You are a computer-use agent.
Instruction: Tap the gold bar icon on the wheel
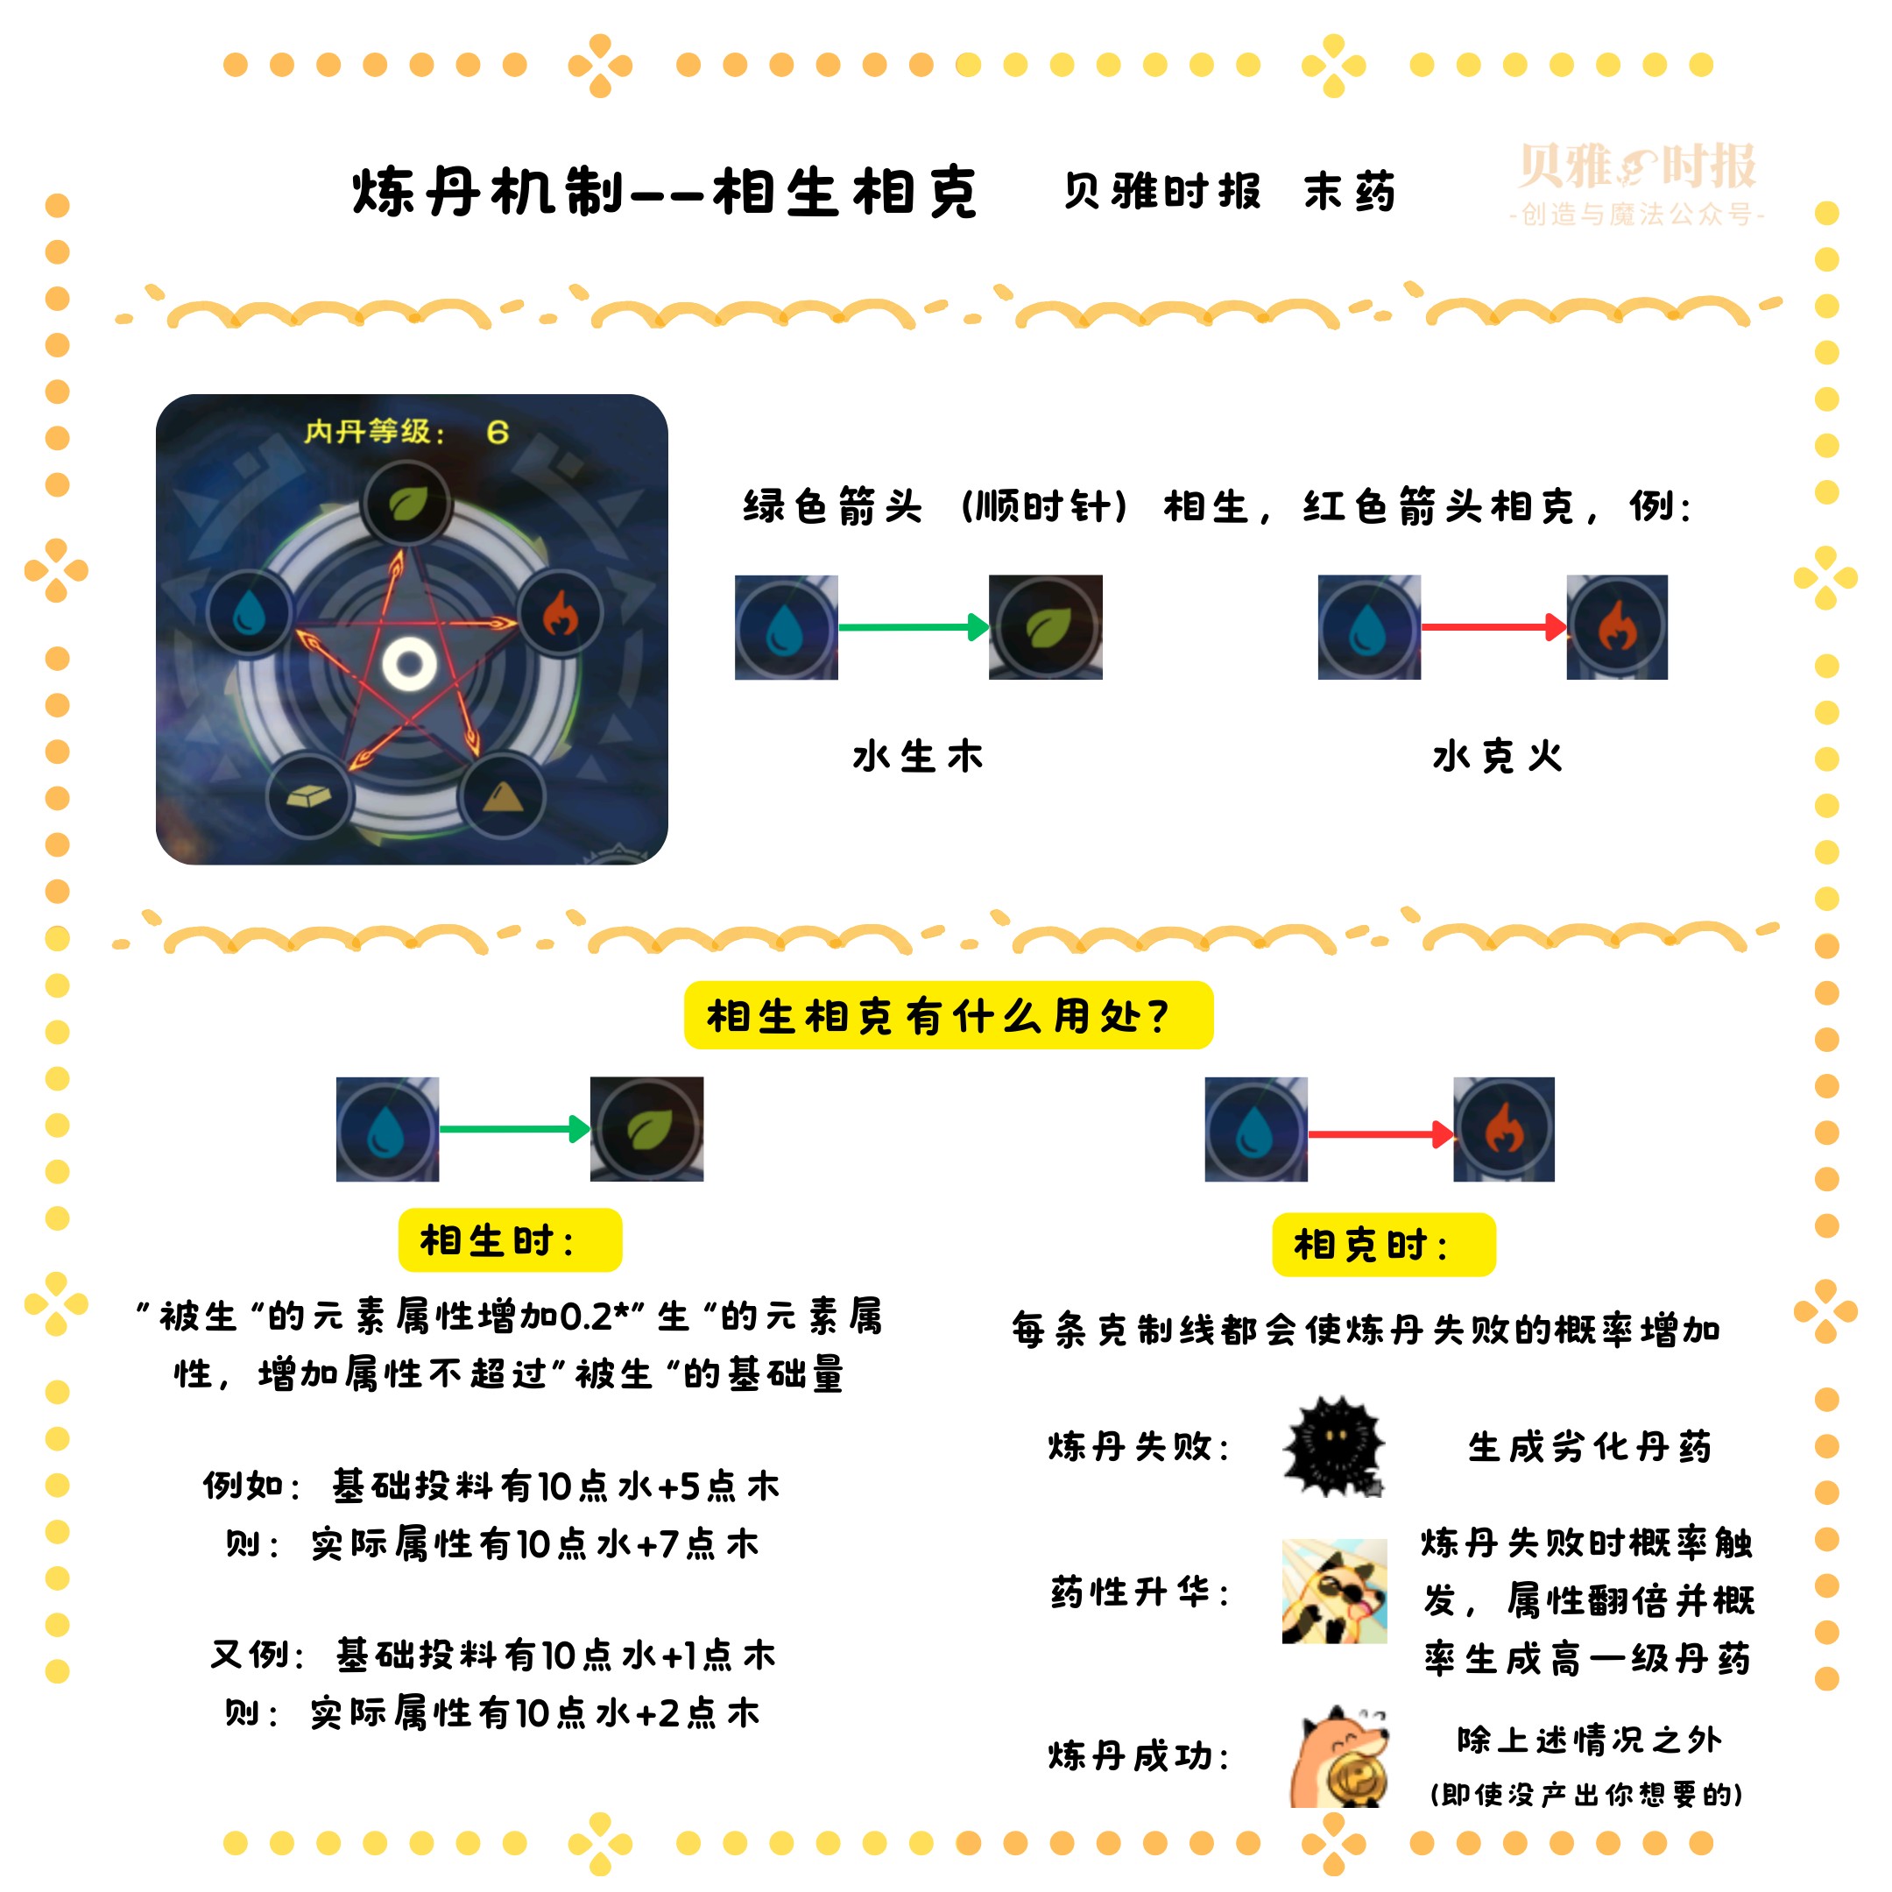[x=309, y=796]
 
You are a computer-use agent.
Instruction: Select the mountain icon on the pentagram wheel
[x=503, y=796]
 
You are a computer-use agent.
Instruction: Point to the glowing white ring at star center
[x=409, y=664]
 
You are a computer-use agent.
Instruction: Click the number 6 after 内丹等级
[x=498, y=432]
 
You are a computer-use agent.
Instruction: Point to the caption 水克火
[x=1496, y=757]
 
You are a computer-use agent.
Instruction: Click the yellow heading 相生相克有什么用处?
[x=948, y=1015]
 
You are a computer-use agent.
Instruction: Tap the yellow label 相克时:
[x=1383, y=1246]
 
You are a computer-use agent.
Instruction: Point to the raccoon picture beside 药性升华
[x=1334, y=1592]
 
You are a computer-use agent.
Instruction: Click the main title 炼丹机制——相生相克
[x=665, y=192]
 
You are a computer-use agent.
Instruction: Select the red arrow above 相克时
[x=1380, y=1134]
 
